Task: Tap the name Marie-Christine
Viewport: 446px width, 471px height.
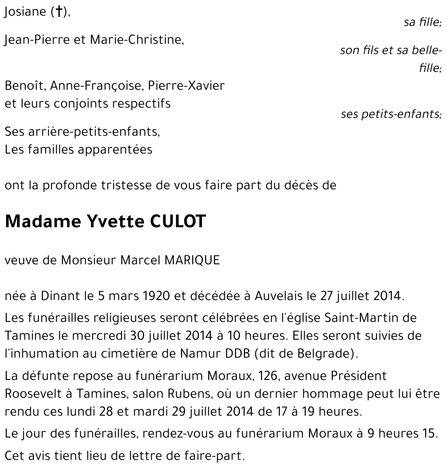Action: pyautogui.click(x=136, y=40)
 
